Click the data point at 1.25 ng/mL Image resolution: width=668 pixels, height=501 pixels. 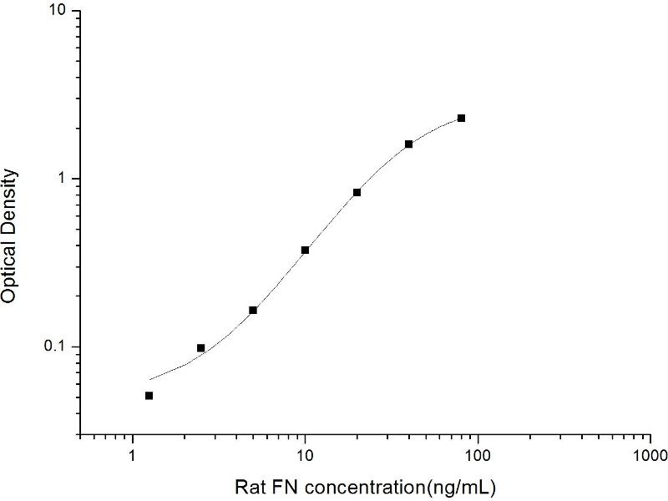[149, 396]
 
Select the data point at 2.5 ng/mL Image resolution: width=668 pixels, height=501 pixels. [200, 348]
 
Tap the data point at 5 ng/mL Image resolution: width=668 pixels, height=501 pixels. [253, 311]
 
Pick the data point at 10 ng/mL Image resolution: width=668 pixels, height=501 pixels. [305, 250]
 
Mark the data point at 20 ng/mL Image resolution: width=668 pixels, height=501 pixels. [357, 193]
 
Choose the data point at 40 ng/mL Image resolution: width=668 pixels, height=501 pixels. [409, 144]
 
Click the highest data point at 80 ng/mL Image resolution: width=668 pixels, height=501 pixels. [461, 119]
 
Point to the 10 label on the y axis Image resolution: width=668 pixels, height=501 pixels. [62, 12]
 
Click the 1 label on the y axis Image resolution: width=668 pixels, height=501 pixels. [66, 179]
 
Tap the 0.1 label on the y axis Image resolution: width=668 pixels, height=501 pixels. [58, 347]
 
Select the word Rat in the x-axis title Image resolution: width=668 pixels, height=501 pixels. [250, 485]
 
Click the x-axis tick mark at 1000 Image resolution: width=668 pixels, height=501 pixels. [650, 433]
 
